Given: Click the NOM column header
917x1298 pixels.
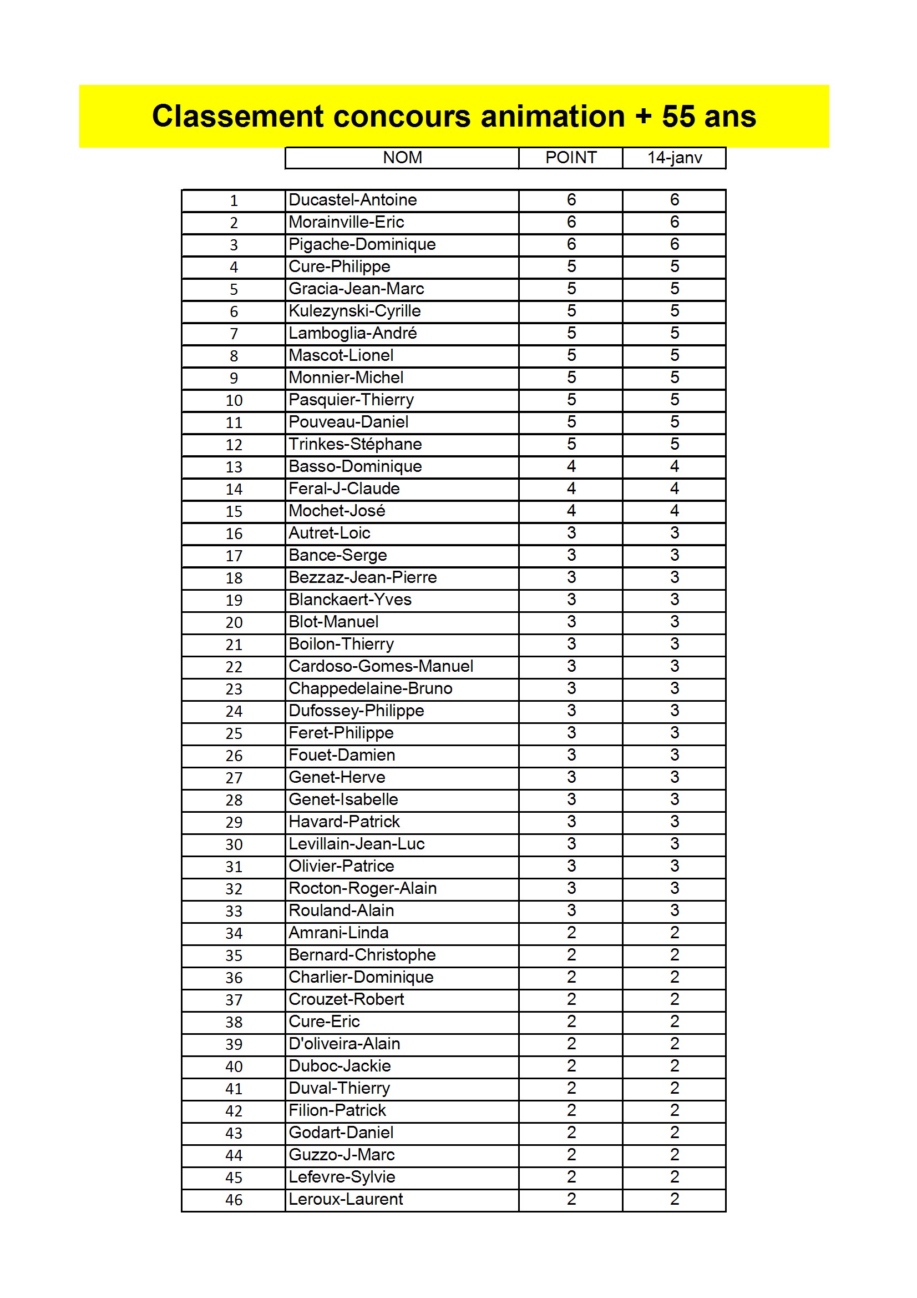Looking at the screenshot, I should click(x=402, y=158).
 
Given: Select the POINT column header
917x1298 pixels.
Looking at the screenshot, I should click(x=571, y=158).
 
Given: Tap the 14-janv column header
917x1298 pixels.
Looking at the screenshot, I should click(x=674, y=158).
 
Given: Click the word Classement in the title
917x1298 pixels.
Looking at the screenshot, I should click(x=237, y=117).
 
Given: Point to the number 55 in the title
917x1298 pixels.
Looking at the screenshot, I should click(x=678, y=117).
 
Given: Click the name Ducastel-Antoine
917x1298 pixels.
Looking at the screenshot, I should click(x=353, y=200).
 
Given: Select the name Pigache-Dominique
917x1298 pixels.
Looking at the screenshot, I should click(x=362, y=244).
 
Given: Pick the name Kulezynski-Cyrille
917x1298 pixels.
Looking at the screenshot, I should click(x=354, y=311).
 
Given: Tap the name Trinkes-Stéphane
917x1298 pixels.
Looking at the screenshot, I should click(x=355, y=444).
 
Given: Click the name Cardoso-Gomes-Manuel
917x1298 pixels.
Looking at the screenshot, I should click(x=381, y=667).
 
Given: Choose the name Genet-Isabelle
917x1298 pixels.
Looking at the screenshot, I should click(x=343, y=800).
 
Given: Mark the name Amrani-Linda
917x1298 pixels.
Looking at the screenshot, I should click(x=338, y=933).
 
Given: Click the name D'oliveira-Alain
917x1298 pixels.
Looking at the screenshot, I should click(x=344, y=1044).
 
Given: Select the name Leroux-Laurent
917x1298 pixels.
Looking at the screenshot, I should click(x=346, y=1200).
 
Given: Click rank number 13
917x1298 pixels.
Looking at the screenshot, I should click(x=234, y=467).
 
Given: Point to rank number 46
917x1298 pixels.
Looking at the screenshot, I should click(x=234, y=1200).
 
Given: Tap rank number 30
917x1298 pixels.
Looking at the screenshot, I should click(x=234, y=845).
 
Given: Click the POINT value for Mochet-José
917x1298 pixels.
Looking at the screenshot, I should click(x=571, y=511).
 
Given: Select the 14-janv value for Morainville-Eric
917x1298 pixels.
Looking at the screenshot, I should click(x=674, y=222).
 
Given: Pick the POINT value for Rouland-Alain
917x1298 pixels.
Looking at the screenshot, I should click(x=571, y=910).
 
